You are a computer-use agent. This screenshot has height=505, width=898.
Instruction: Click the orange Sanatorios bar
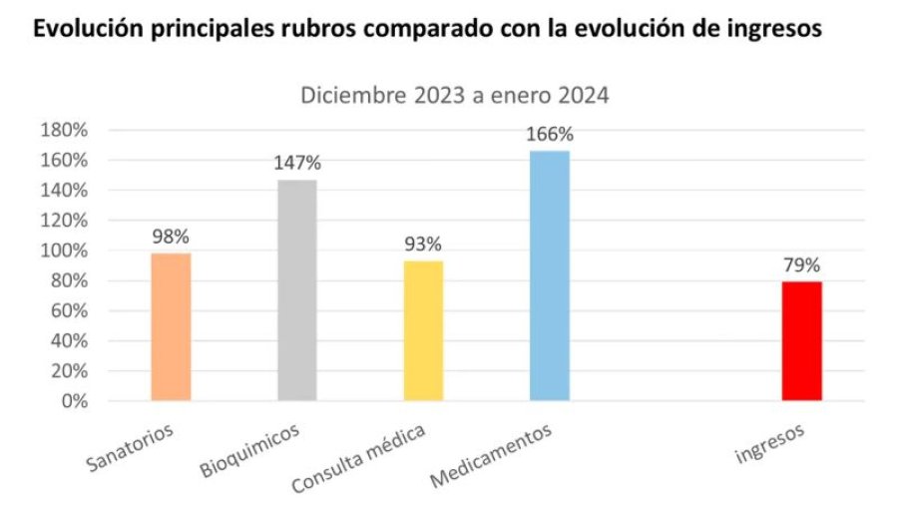[x=171, y=326]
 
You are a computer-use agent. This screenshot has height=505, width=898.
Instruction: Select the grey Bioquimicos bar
[x=296, y=290]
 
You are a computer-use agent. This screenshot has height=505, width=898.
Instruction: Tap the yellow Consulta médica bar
[x=423, y=330]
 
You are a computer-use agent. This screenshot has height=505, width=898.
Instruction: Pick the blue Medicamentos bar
[x=550, y=275]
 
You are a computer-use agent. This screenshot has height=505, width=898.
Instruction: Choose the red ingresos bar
[x=802, y=341]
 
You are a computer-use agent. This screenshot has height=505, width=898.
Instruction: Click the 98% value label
[x=171, y=238]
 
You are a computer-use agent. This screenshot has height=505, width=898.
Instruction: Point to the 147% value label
[x=296, y=164]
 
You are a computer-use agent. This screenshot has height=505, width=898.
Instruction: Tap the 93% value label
[x=423, y=245]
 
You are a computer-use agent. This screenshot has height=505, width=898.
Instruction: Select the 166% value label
[x=550, y=134]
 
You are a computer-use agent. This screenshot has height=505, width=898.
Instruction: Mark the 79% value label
[x=802, y=265]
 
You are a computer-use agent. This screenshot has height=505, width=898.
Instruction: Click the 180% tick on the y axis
[x=64, y=131]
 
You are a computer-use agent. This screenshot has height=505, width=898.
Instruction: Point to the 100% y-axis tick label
[x=64, y=252]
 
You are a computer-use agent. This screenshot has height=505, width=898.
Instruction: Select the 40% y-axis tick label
[x=69, y=341]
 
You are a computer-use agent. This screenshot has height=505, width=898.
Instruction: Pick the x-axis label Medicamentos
[x=492, y=455]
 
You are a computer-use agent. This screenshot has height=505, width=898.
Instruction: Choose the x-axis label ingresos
[x=769, y=444]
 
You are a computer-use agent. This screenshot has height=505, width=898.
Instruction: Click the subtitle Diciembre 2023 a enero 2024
[x=455, y=97]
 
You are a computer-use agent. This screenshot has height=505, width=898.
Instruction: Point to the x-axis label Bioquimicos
[x=251, y=450]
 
